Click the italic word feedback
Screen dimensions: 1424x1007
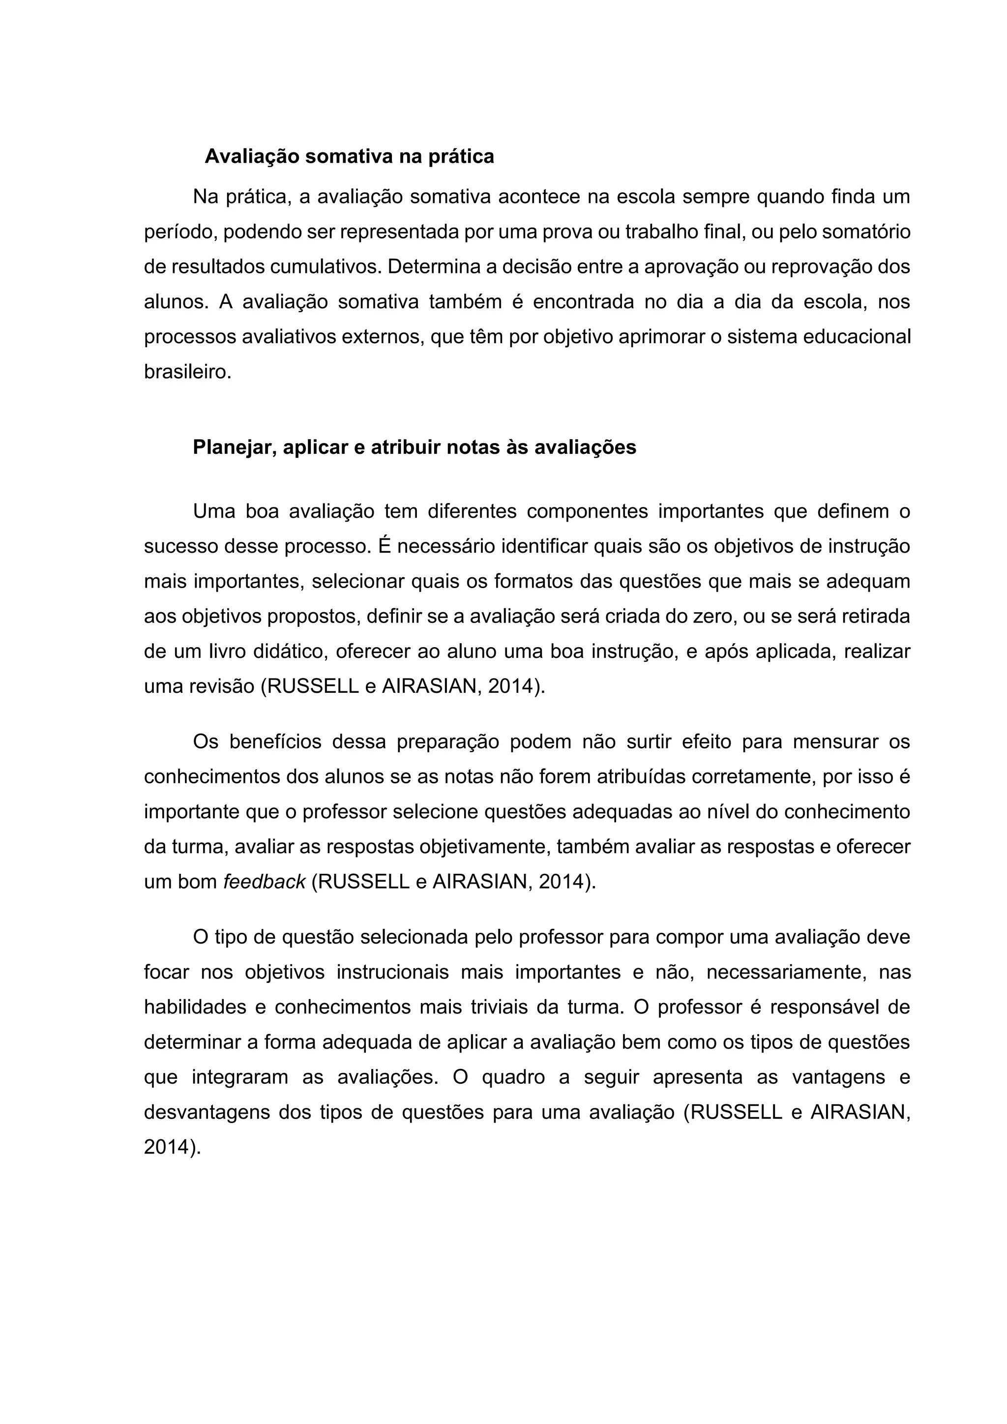264,882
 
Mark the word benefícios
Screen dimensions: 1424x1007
275,742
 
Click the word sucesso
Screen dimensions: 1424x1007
180,546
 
